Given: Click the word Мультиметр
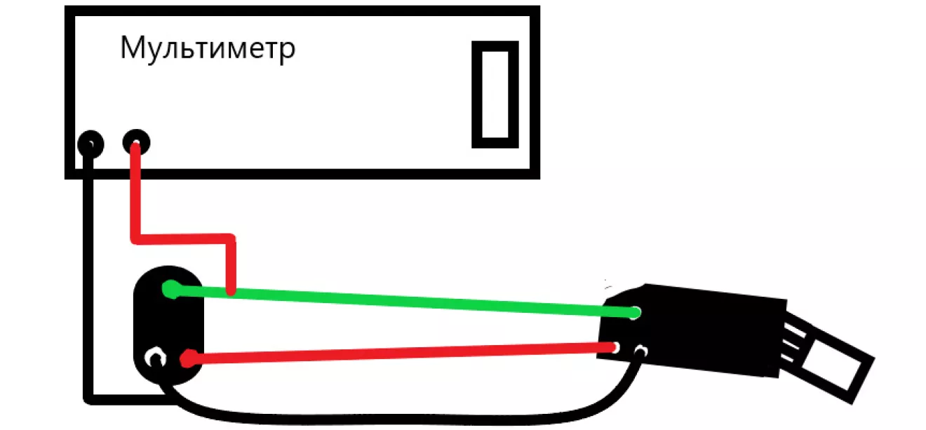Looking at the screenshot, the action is pyautogui.click(x=208, y=50).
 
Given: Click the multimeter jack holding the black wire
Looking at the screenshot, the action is pyautogui.click(x=90, y=144).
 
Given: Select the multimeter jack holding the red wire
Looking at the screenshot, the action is pyautogui.click(x=136, y=142).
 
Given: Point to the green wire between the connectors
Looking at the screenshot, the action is pyautogui.click(x=403, y=301).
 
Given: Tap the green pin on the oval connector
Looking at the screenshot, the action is pyautogui.click(x=170, y=289).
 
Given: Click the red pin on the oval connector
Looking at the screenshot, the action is pyautogui.click(x=189, y=358).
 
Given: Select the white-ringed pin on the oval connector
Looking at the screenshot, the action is pyautogui.click(x=154, y=358).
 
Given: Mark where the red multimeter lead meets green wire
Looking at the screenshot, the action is pyautogui.click(x=231, y=292).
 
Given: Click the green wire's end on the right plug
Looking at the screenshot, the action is pyautogui.click(x=635, y=313).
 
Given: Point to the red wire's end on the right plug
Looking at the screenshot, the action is pyautogui.click(x=615, y=347).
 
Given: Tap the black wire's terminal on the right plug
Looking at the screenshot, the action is pyautogui.click(x=640, y=352).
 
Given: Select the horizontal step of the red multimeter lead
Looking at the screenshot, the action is pyautogui.click(x=183, y=238).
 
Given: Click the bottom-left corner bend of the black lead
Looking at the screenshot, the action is pyautogui.click(x=89, y=399).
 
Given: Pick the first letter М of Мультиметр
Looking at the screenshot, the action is pyautogui.click(x=133, y=48).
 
